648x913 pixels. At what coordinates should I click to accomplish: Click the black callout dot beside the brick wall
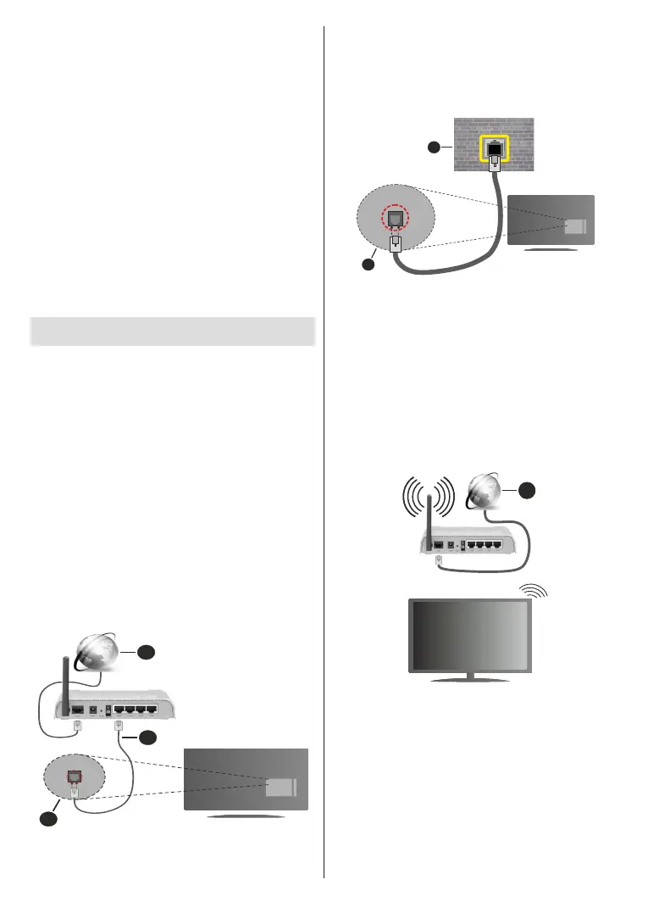coord(433,148)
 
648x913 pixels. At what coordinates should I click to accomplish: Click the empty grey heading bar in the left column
coord(173,331)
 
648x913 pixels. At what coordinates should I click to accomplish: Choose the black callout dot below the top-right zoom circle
coord(367,265)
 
